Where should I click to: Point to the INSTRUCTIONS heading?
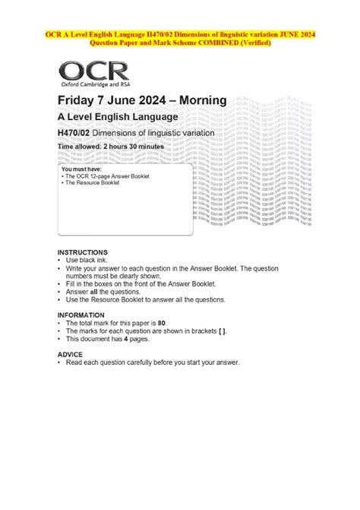click(x=83, y=252)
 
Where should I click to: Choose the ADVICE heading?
click(x=70, y=355)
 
